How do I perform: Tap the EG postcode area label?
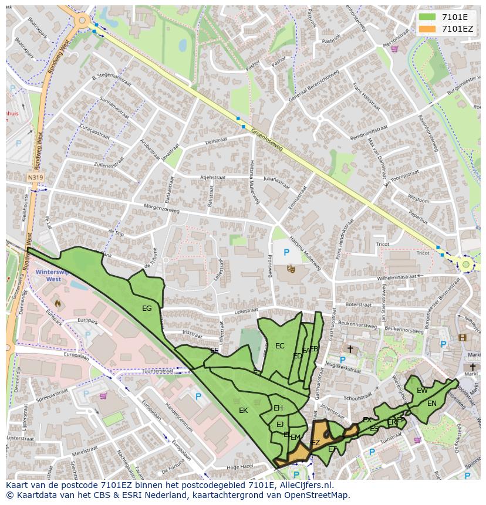point(147,308)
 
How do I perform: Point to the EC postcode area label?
point(279,345)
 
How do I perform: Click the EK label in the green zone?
point(243,411)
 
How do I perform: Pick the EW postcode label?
point(422,390)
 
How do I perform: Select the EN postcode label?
point(432,403)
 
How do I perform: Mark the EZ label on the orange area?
point(315,443)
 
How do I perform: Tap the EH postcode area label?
point(278,408)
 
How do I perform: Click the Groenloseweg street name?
point(266,140)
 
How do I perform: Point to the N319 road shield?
point(35,176)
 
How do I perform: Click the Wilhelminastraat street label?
point(397,276)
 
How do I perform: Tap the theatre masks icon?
point(291,269)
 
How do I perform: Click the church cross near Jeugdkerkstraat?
point(350,349)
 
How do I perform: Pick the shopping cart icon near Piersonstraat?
point(395,49)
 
